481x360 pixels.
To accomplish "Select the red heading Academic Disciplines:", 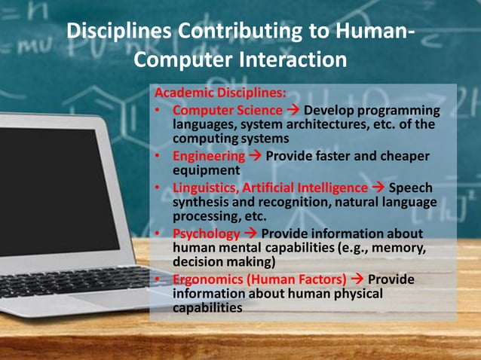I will pyautogui.click(x=219, y=94).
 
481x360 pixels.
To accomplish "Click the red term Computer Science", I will pyautogui.click(x=227, y=110).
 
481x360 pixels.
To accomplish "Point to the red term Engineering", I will pyautogui.click(x=208, y=156).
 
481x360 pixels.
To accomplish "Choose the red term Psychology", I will pyautogui.click(x=206, y=233).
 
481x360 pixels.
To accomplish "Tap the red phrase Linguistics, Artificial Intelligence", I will pyautogui.click(x=270, y=188).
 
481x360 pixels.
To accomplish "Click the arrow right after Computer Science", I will pyautogui.click(x=293, y=110).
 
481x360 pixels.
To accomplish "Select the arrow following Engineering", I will pyautogui.click(x=253, y=156).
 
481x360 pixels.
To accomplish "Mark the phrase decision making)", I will pyautogui.click(x=224, y=262).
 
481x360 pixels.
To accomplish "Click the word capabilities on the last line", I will pyautogui.click(x=207, y=308).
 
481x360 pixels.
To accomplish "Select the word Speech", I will pyautogui.click(x=412, y=188).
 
